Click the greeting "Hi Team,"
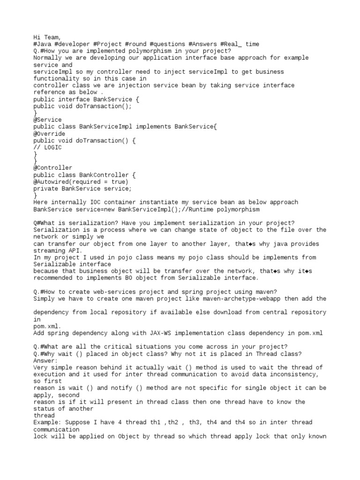pyautogui.click(x=47, y=37)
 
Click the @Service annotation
pyautogui.click(x=47, y=120)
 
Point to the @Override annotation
pyautogui.click(x=49, y=134)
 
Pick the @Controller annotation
pyautogui.click(x=52, y=168)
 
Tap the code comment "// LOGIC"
pyautogui.click(x=47, y=147)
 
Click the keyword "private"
pyautogui.click(x=45, y=188)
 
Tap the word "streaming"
pyautogui.click(x=49, y=250)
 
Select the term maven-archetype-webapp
pyautogui.click(x=240, y=299)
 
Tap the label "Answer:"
pyautogui.click(x=45, y=360)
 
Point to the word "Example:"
pyautogui.click(x=47, y=422)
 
